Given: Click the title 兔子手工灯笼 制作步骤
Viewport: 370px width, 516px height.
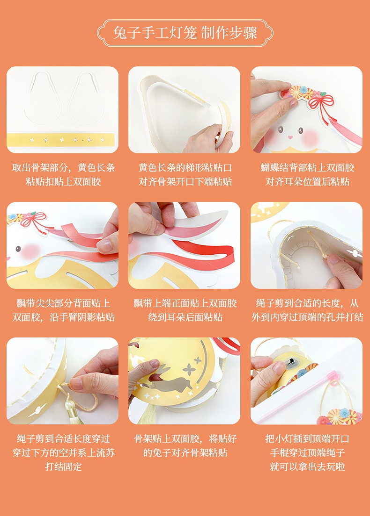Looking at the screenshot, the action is pyautogui.click(x=185, y=33).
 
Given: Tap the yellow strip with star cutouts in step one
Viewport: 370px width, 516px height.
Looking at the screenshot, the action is pyautogui.click(x=62, y=140).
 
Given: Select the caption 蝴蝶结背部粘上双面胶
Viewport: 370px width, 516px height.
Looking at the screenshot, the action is pyautogui.click(x=307, y=168).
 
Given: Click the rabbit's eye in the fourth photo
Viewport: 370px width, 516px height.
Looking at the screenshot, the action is pyautogui.click(x=18, y=248).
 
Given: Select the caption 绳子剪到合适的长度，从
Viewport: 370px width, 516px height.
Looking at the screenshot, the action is pyautogui.click(x=307, y=303).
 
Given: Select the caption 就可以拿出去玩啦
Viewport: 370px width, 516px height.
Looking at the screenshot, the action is pyautogui.click(x=307, y=466).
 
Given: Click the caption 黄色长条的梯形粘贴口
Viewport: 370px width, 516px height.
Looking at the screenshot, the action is pyautogui.click(x=185, y=168).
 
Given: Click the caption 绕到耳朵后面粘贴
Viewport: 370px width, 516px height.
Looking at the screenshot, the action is pyautogui.click(x=185, y=317).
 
